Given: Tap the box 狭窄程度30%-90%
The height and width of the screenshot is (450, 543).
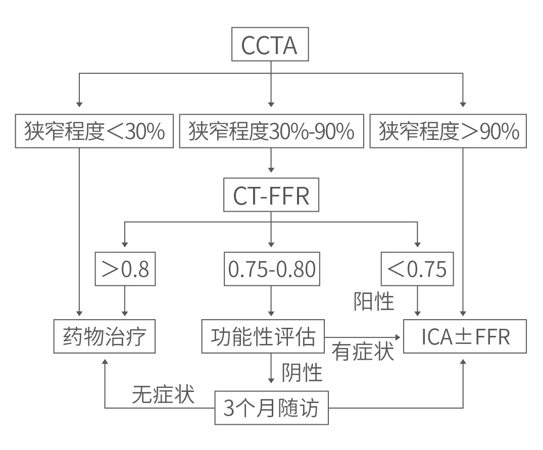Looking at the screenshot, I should [x=271, y=132].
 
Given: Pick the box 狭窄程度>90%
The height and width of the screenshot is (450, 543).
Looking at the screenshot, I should [x=449, y=132].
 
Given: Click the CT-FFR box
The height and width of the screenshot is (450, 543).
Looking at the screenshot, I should [x=271, y=196].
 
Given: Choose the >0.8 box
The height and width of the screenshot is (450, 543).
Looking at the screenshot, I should [x=125, y=269].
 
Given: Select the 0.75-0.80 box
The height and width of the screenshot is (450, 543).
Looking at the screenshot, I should [x=271, y=269].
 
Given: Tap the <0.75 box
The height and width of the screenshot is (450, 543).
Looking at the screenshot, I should [x=417, y=269].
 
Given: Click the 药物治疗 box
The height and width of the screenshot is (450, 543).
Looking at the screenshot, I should [x=105, y=336].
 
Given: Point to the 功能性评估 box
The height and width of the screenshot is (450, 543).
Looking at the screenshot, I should [x=263, y=336].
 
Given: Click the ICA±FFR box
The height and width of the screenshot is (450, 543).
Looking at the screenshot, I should [x=465, y=336].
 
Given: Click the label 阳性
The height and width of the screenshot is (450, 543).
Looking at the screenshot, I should [x=373, y=302].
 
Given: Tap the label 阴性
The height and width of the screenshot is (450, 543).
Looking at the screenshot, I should [x=302, y=373].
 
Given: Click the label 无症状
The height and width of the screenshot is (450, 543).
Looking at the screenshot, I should [x=163, y=394].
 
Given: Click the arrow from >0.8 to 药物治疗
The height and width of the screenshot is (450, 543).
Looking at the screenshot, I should [x=125, y=302].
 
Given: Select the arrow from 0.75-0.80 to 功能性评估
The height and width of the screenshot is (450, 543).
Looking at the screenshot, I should [x=271, y=302].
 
